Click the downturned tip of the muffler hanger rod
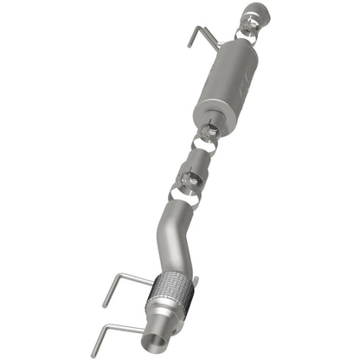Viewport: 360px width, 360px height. pyautogui.click(x=191, y=42)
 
